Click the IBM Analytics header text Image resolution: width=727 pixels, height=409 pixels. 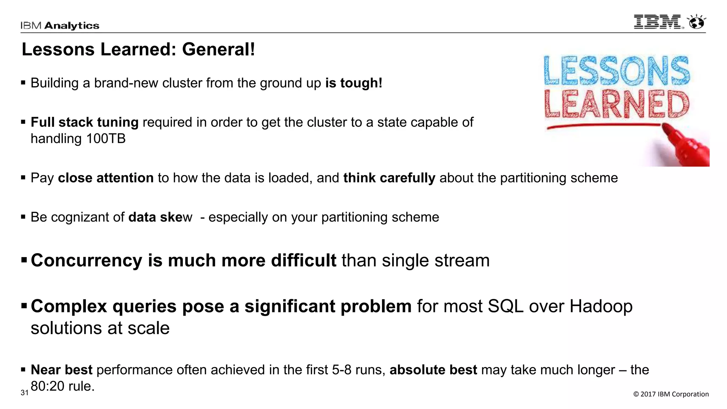pos(60,26)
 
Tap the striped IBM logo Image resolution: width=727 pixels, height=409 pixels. pos(658,22)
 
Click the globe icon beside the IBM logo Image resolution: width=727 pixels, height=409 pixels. pos(696,22)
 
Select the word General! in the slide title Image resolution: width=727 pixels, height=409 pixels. pos(219,49)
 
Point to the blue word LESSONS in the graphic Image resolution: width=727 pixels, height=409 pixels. pos(617,71)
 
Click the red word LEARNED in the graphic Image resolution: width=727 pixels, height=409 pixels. pos(617,104)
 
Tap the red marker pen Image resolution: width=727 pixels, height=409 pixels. pos(685,144)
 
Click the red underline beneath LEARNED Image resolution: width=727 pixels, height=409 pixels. pos(603,126)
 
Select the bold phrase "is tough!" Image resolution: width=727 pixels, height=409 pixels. pos(354,83)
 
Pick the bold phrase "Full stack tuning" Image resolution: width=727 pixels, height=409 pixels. pos(84,122)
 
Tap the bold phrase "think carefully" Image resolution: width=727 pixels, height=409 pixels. pos(389,178)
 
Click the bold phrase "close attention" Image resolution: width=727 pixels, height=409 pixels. pos(106,178)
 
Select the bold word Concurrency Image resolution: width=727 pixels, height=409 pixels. pos(86,260)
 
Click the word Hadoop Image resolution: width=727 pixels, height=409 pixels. pos(601,306)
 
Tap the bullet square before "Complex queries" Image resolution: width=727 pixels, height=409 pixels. pos(24,305)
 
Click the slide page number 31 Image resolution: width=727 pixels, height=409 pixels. pos(24,393)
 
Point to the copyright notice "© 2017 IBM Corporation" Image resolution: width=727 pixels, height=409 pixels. pos(671,394)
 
